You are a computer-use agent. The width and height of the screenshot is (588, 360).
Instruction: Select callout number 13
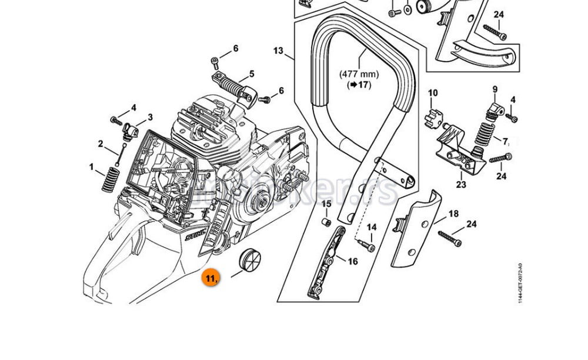pyautogui.click(x=278, y=51)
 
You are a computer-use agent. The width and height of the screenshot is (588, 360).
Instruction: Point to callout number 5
pyautogui.click(x=251, y=74)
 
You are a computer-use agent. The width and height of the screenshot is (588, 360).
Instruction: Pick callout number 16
pyautogui.click(x=353, y=261)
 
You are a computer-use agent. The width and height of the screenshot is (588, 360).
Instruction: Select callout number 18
pyautogui.click(x=453, y=214)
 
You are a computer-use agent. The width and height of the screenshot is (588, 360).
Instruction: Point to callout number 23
pyautogui.click(x=460, y=185)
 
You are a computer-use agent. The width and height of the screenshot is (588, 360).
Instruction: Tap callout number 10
pyautogui.click(x=433, y=93)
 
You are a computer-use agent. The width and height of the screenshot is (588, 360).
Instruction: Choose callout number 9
pyautogui.click(x=495, y=89)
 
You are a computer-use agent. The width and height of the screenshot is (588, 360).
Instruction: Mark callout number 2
pyautogui.click(x=101, y=144)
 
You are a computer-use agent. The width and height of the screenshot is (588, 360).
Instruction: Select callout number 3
pyautogui.click(x=150, y=117)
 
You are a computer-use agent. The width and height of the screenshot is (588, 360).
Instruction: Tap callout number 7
pyautogui.click(x=505, y=141)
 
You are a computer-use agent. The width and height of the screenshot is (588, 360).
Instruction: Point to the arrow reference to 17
pyautogui.click(x=360, y=85)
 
